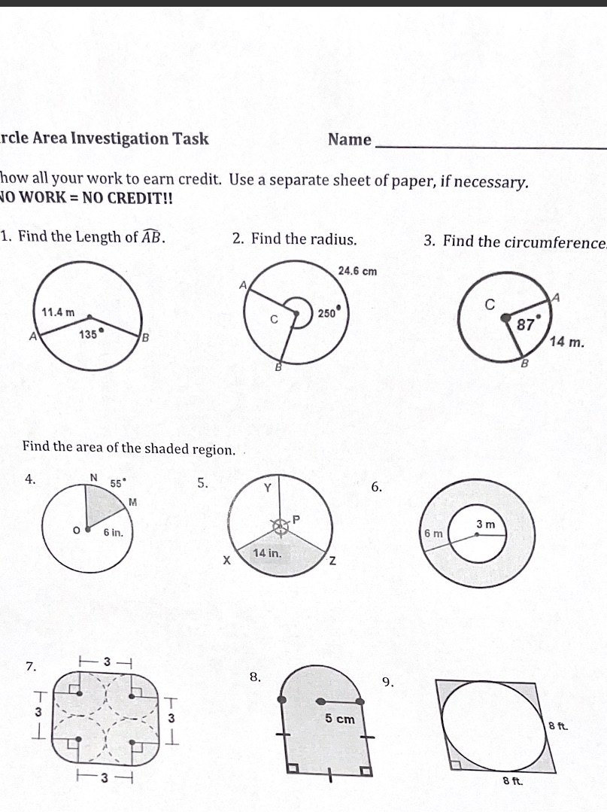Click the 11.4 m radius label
click(59, 312)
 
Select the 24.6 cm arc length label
click(357, 271)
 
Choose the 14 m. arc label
click(567, 342)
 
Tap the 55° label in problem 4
click(119, 484)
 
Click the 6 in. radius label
click(114, 532)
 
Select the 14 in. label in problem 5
click(268, 553)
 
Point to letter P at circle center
click(296, 519)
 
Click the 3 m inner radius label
click(484, 523)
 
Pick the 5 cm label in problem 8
click(340, 719)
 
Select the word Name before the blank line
click(350, 140)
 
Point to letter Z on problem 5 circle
click(331, 562)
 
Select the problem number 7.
click(29, 667)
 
